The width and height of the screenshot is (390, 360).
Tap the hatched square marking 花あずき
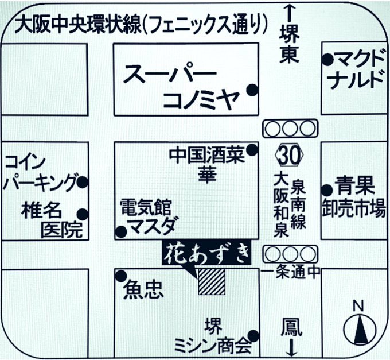pos(211,281)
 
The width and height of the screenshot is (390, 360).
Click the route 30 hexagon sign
pos(289,154)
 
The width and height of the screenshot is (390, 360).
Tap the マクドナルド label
pos(358,68)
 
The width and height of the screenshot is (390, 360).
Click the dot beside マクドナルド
pos(327,59)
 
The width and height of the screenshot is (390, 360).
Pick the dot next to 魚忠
pos(121,276)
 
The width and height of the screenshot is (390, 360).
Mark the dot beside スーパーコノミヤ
pos(251,90)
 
